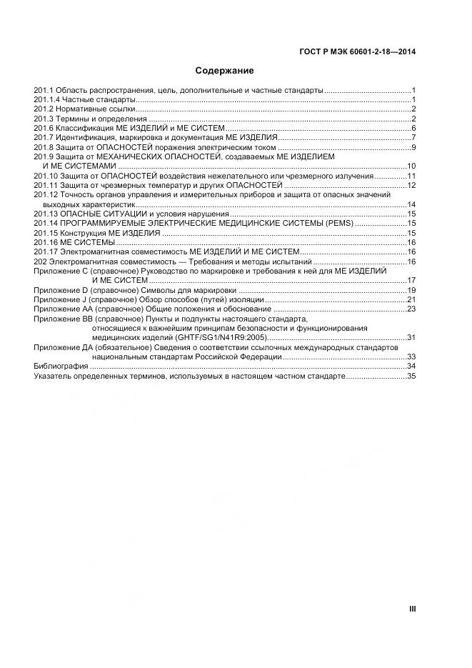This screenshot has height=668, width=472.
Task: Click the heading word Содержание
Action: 225,71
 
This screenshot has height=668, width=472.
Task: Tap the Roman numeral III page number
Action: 412,609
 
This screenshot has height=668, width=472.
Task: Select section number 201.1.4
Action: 46,100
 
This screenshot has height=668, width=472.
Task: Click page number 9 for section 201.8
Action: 413,147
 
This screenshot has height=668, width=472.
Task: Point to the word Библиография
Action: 61,366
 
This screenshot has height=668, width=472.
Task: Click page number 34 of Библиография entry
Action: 411,366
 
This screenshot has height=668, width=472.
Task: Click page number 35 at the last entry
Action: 411,375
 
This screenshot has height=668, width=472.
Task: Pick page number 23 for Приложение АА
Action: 411,309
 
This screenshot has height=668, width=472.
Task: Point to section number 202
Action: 40,261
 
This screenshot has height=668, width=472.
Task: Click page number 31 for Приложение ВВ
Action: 411,337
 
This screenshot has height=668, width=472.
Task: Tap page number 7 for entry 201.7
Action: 413,138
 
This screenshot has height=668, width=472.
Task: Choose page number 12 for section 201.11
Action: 411,185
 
